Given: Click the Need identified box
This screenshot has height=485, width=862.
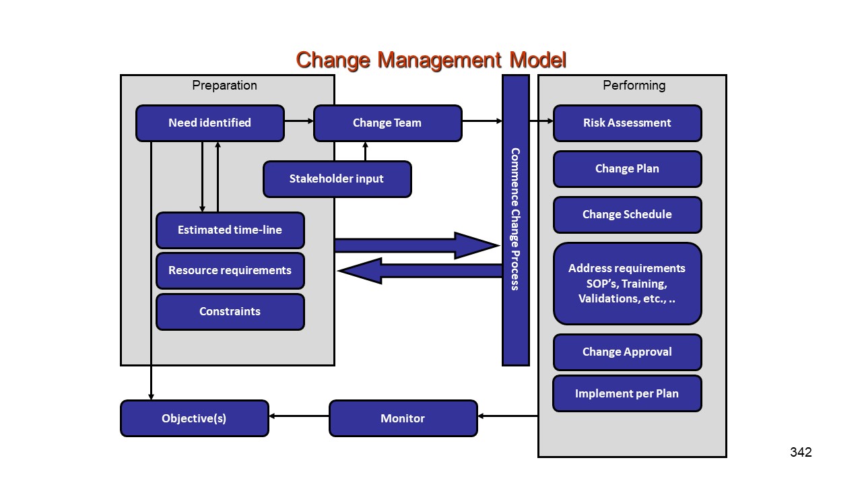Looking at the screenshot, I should click(x=209, y=123).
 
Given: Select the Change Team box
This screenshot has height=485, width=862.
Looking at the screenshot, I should click(x=387, y=123).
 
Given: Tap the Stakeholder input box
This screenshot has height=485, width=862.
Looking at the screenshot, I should click(x=337, y=179).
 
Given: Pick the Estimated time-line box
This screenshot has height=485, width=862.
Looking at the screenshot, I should click(x=230, y=230).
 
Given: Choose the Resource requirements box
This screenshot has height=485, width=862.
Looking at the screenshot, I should click(x=230, y=271).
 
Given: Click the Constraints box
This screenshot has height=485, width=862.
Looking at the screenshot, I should click(x=230, y=312).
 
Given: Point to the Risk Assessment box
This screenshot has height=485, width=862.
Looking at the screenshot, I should click(x=627, y=123).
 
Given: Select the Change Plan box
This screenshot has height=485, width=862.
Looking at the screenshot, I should click(x=627, y=169).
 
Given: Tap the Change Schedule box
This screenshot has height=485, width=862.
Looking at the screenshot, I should click(x=627, y=215).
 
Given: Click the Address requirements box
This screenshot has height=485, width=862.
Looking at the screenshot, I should click(x=627, y=284).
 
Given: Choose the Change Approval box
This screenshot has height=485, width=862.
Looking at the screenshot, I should click(x=627, y=352).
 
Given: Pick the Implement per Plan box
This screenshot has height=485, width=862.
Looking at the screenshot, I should click(x=627, y=393).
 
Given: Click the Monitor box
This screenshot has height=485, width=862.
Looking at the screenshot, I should click(x=403, y=418).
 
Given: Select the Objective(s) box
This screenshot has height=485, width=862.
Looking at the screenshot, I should click(x=194, y=418).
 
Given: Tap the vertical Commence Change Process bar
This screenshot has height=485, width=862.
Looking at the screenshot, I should click(x=515, y=220).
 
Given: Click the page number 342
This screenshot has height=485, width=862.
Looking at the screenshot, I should click(x=801, y=453).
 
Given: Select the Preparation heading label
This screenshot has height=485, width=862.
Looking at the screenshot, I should click(x=224, y=86).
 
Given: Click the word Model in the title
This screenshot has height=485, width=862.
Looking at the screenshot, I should click(x=537, y=60).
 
